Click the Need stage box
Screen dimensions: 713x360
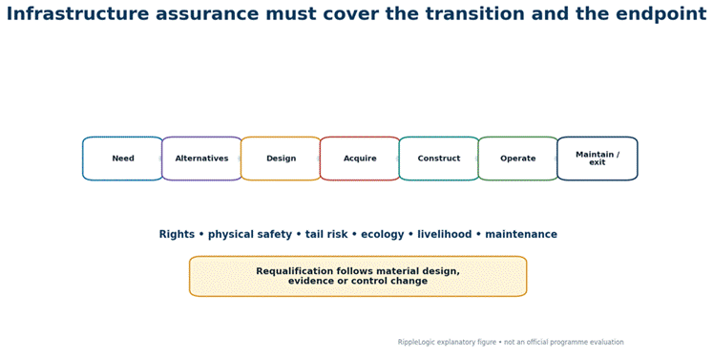click(123, 159)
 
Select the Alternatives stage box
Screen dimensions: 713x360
click(202, 159)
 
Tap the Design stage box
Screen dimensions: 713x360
click(281, 159)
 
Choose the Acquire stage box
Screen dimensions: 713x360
click(360, 159)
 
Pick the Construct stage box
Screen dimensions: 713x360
click(439, 159)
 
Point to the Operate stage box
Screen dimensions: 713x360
click(518, 159)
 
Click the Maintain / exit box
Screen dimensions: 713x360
click(598, 159)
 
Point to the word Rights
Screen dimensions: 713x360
click(177, 234)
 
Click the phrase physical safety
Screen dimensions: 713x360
click(250, 234)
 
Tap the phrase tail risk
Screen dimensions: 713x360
click(326, 234)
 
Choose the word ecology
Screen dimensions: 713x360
click(383, 235)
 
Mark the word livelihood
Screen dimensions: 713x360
click(444, 234)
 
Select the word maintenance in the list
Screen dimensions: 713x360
click(521, 234)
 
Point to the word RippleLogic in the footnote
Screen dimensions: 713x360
click(416, 342)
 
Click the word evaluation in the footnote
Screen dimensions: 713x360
click(607, 342)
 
